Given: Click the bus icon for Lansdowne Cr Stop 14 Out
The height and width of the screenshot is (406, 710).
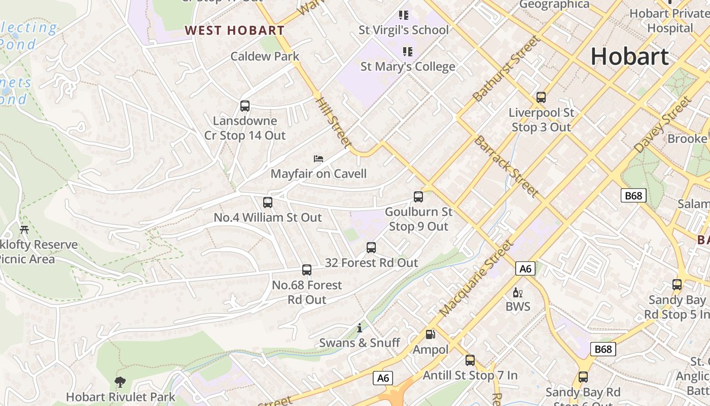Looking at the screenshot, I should [245, 106].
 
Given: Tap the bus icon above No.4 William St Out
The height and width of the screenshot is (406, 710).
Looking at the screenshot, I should [268, 202].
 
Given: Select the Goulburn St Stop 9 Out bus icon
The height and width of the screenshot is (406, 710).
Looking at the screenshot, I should [418, 197].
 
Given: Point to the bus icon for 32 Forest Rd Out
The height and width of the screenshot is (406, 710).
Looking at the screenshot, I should [371, 248].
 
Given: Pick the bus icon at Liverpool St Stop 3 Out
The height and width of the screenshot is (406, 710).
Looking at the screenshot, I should [541, 97].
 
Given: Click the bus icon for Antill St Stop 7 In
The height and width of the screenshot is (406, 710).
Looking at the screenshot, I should [470, 360].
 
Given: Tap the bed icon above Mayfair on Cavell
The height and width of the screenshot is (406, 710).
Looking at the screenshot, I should [318, 159].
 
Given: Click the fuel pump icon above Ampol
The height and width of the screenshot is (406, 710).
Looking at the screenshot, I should [430, 334].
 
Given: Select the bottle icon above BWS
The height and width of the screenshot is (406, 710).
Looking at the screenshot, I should [518, 292].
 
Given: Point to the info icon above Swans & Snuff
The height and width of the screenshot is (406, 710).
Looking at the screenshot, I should [360, 328].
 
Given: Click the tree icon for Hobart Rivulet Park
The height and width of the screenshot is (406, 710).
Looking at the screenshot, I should [120, 382].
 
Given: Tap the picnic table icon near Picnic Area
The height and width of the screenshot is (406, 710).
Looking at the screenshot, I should [24, 229].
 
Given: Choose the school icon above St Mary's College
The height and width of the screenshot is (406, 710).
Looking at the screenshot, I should [407, 51].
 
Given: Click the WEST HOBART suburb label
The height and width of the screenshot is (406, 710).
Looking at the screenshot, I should [234, 30].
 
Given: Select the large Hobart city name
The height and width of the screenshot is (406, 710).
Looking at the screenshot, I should [629, 56].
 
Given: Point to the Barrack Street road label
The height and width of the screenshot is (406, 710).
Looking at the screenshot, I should [506, 166].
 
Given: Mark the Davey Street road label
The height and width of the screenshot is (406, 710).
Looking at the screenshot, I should [663, 124].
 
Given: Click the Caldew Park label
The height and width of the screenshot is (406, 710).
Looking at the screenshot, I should [265, 56].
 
